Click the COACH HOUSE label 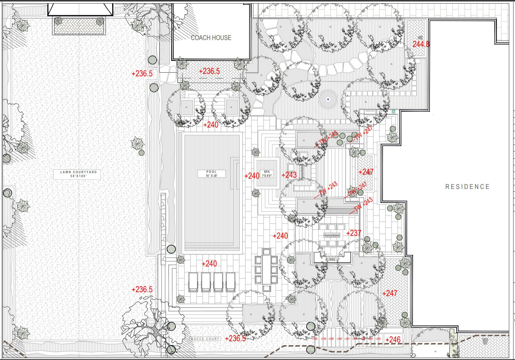(x=211, y=38)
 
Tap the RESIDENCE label (x=467, y=187)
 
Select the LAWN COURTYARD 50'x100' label (x=78, y=174)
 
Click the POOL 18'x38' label (x=212, y=174)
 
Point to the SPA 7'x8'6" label (x=267, y=174)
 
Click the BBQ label (x=332, y=260)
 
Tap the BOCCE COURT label (x=205, y=339)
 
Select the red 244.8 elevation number (x=421, y=44)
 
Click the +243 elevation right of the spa (x=289, y=175)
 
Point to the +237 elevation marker (x=354, y=233)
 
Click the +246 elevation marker (x=393, y=340)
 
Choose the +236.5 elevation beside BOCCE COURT (x=235, y=338)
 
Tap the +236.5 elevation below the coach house (x=209, y=71)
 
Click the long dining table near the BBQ (x=266, y=269)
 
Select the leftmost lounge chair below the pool (x=193, y=282)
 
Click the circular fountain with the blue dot (x=328, y=99)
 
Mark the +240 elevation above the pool (x=211, y=125)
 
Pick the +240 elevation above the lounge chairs (x=209, y=263)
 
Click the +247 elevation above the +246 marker (x=390, y=293)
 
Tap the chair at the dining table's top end (x=266, y=252)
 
